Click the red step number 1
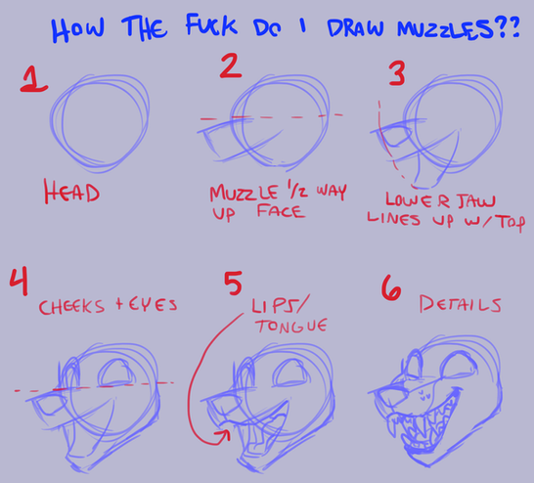pos(33,79)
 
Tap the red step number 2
pos(231,66)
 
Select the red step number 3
pos(397,73)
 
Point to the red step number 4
pos(19,282)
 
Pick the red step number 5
pos(233,284)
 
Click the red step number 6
pos(391,287)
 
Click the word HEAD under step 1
pos(71,192)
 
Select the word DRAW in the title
pos(355,27)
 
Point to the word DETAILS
pos(460,304)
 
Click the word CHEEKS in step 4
pos(71,307)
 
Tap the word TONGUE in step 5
pos(291,326)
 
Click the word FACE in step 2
pos(280,212)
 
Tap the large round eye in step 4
pos(115,373)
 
